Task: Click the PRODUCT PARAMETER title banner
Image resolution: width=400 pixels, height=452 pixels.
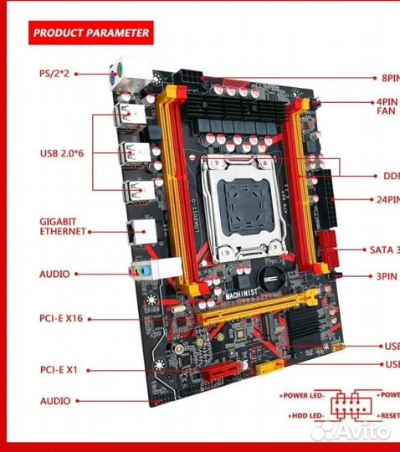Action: coord(90,33)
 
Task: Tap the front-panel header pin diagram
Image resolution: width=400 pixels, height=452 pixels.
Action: coord(351,406)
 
